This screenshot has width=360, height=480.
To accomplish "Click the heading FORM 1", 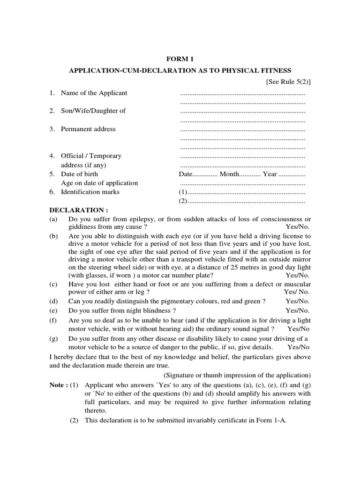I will click(180, 59).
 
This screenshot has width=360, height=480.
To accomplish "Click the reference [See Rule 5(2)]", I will click(288, 82).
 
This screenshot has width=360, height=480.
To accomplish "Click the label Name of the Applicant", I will click(94, 93).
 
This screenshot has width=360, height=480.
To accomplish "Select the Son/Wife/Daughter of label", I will click(93, 111).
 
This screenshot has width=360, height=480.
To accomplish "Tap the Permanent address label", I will click(88, 129).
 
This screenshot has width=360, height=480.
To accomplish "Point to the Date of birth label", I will click(79, 174).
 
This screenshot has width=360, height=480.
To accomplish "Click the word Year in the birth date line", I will click(270, 174).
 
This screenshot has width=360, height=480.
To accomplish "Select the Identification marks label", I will click(90, 192).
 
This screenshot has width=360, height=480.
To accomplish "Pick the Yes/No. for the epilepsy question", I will click(298, 227).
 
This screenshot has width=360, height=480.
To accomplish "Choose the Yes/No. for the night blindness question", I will click(298, 310).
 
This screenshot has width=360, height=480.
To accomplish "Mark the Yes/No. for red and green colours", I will click(298, 301).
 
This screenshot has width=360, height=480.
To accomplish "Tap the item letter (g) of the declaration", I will click(54, 338).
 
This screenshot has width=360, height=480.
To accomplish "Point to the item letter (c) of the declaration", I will click(54, 284).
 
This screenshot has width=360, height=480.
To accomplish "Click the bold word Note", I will click(58, 385).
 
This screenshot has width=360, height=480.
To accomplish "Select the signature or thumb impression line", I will click(237, 375).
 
